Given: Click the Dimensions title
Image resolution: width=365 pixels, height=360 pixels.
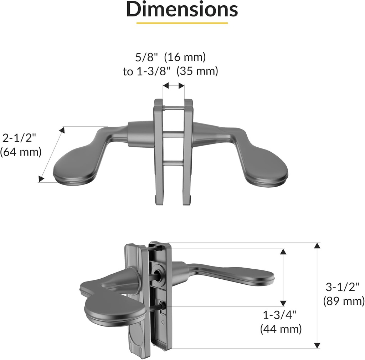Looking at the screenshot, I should click(x=182, y=10).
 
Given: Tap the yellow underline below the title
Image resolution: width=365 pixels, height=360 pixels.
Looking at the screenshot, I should click(x=182, y=23).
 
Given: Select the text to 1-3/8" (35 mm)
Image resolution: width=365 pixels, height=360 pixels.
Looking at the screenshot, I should click(x=170, y=71).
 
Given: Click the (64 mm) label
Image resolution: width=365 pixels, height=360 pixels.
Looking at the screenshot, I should click(x=21, y=152).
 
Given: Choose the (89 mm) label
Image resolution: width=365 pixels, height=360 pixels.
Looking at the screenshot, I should click(x=344, y=301).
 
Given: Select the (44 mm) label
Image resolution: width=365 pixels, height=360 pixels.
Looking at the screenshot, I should click(x=281, y=329).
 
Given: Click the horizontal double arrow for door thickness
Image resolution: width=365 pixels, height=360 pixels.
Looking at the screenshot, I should click(x=174, y=86).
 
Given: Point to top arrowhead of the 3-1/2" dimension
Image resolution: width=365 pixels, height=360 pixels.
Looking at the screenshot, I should click(x=317, y=245).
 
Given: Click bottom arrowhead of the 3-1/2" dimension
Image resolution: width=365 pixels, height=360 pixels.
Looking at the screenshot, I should click(x=317, y=345).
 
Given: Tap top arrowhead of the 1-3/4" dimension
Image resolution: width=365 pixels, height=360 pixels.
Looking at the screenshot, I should click(x=283, y=252).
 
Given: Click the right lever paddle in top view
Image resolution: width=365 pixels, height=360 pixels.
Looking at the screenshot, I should click(x=267, y=168).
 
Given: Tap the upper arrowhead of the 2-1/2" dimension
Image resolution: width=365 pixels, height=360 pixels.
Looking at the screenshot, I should click(x=62, y=130).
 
